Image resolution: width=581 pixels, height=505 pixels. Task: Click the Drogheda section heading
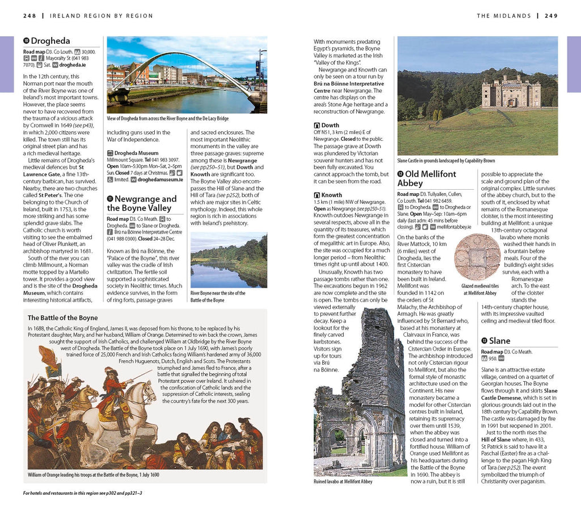point(50,41)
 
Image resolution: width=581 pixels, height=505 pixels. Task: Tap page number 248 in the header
point(30,16)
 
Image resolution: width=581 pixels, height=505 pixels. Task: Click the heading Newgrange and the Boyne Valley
point(145,203)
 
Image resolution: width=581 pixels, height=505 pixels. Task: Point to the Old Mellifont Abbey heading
point(426,178)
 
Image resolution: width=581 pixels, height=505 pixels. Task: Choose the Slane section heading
point(499,341)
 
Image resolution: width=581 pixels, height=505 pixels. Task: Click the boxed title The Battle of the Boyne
point(63,318)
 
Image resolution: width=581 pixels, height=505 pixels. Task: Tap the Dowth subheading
point(330,125)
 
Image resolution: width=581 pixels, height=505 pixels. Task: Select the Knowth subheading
point(332,195)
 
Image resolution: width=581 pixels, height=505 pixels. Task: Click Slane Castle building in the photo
point(511,93)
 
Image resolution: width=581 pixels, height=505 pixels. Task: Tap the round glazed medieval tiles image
point(478,257)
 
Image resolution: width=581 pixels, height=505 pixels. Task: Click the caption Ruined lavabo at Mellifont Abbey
point(343,482)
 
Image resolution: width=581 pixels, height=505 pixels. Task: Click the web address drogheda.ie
point(73,65)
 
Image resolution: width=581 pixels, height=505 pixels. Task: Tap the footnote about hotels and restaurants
point(82,493)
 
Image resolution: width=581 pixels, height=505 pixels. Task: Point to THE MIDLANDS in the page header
point(504,16)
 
